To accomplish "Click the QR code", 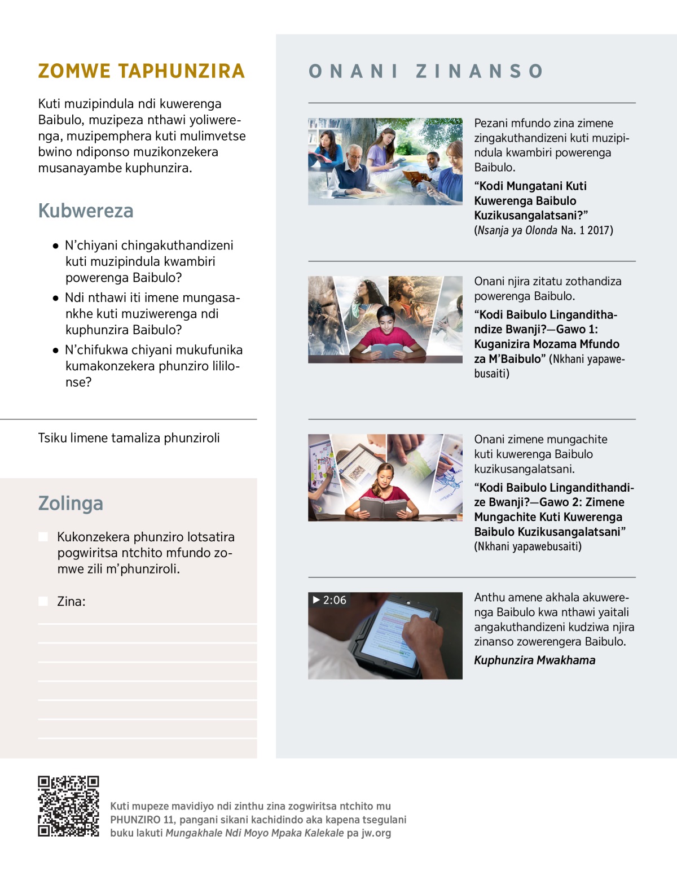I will click(68, 806).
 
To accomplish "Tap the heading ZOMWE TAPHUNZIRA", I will click(141, 71).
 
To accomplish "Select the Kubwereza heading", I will click(86, 211).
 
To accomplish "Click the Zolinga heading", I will click(71, 503).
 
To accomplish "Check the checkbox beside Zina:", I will click(43, 601).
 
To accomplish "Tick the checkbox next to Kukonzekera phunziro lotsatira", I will click(43, 537).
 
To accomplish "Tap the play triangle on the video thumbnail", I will click(316, 599).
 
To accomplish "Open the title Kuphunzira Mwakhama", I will click(534, 660).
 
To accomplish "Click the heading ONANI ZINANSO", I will click(426, 71).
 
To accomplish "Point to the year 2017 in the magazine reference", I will click(600, 230).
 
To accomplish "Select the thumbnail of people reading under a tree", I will click(385, 161).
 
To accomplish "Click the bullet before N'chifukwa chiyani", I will click(55, 351).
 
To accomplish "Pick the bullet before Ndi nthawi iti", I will click(55, 298).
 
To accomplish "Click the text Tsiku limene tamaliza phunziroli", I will click(129, 438).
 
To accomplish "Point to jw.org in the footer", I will click(376, 833).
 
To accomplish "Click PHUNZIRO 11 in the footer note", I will click(142, 820).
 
